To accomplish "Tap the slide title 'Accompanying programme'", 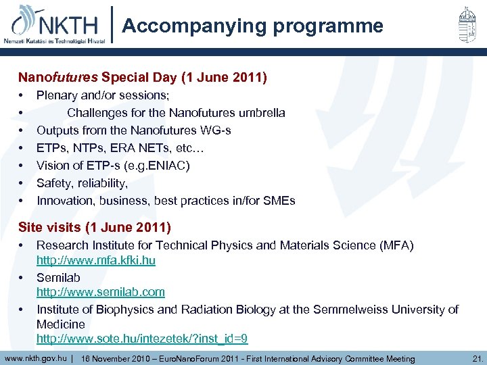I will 253,26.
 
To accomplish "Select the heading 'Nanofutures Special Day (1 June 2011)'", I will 143,78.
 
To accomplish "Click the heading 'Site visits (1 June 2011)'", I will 95,227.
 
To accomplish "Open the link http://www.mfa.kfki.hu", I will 95,260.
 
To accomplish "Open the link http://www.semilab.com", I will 100,292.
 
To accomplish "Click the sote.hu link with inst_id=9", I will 142,339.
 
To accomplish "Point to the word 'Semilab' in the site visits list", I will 58,277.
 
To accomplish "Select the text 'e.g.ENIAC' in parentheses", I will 160,166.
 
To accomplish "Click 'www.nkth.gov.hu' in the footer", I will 35,358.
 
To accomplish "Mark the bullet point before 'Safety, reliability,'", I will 22,183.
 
